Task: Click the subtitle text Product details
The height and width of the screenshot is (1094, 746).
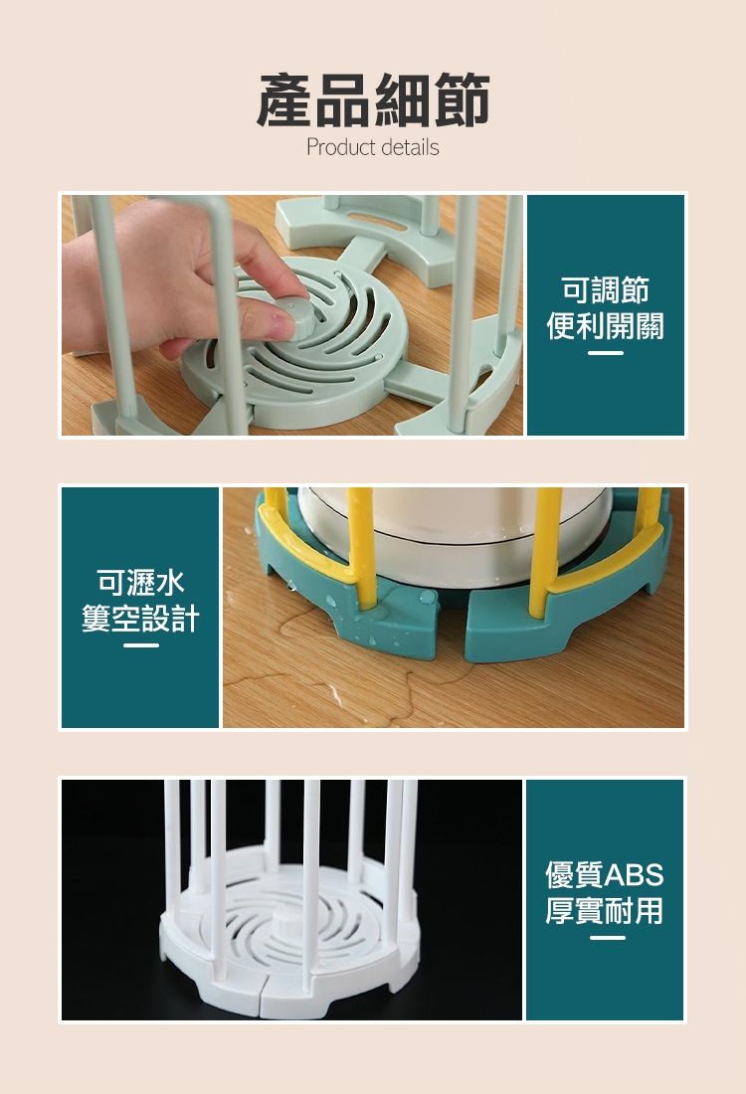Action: click(373, 147)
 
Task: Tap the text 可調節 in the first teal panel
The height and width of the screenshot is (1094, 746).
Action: click(605, 289)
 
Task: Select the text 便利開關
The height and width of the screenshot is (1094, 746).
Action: click(605, 326)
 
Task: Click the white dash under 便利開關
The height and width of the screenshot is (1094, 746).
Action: click(605, 353)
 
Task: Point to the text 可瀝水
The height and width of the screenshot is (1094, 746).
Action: click(140, 582)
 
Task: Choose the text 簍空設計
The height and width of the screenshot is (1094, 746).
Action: click(140, 619)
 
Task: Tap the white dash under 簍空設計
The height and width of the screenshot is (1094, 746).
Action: click(141, 645)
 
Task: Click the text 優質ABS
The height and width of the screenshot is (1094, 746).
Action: click(605, 874)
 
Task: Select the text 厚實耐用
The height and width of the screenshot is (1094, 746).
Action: click(605, 910)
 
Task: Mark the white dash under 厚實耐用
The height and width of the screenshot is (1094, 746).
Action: click(607, 938)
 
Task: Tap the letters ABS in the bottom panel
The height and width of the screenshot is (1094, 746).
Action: click(634, 874)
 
